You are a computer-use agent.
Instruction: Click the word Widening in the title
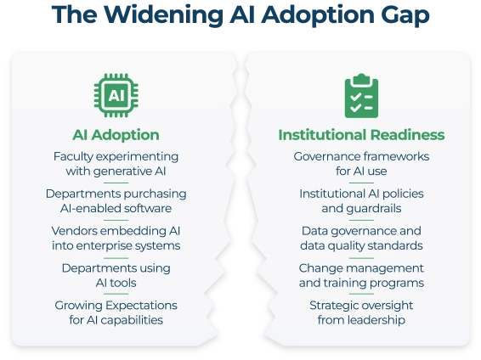[x=163, y=14]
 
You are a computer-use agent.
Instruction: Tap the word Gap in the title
[x=405, y=16]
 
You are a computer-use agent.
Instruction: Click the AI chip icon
[x=116, y=95]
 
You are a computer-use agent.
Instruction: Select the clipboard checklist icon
[x=361, y=96]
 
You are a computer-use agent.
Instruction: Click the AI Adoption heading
[x=116, y=135]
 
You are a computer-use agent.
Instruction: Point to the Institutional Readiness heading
[x=361, y=135]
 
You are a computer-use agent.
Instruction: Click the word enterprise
[x=105, y=246]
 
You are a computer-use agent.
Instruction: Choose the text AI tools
[x=116, y=283]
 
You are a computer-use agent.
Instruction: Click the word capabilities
[x=132, y=320]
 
